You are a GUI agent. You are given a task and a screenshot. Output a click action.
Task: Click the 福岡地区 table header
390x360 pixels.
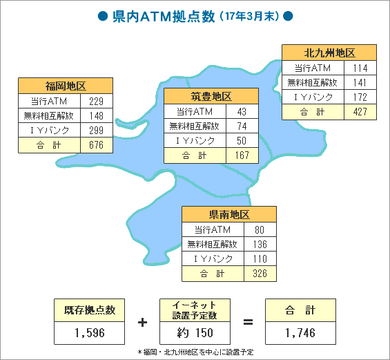(x=66, y=86)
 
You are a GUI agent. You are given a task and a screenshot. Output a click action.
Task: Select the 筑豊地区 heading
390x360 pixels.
(x=211, y=96)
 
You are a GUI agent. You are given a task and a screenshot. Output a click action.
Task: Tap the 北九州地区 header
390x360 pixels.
(x=329, y=53)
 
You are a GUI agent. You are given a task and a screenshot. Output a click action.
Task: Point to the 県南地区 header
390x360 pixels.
(x=229, y=214)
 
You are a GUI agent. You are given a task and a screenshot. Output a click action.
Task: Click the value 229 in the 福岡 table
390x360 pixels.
(x=96, y=101)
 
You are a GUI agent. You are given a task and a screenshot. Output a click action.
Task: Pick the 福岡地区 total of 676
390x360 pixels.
(x=96, y=145)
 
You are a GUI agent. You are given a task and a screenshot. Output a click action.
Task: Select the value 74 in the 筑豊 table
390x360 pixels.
(x=242, y=126)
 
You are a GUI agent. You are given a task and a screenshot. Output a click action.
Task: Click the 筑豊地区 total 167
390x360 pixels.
(x=242, y=155)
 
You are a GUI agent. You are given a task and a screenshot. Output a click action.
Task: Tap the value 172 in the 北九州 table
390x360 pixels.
(x=360, y=97)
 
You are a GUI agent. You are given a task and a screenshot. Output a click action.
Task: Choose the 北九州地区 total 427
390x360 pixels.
(x=360, y=111)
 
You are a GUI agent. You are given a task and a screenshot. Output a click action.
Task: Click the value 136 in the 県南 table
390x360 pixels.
(x=260, y=244)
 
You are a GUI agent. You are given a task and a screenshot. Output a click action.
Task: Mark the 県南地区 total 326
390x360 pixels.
(x=260, y=274)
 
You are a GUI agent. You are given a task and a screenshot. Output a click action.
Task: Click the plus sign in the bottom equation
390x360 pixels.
(x=142, y=323)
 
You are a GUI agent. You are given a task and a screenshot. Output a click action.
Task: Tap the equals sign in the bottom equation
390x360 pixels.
(x=248, y=322)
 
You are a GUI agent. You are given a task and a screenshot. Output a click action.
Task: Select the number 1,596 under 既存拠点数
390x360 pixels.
(x=90, y=332)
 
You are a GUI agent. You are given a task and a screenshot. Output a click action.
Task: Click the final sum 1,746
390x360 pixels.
(x=300, y=332)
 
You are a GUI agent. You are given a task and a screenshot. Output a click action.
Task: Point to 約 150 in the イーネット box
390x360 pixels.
(x=195, y=332)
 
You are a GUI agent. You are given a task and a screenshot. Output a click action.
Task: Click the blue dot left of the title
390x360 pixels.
(x=103, y=16)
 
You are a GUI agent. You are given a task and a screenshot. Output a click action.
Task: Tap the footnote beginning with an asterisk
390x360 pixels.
(x=195, y=352)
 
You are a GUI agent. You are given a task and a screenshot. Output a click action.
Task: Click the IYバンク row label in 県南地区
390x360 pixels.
(x=213, y=259)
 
